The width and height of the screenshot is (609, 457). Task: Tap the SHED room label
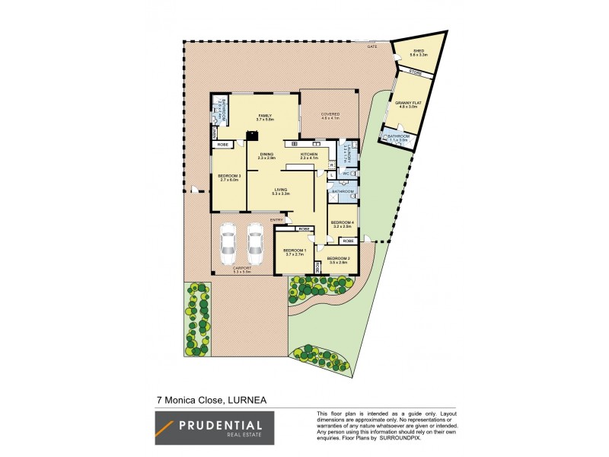pyautogui.click(x=418, y=51)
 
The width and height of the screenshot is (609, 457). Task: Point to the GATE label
pyautogui.click(x=372, y=46)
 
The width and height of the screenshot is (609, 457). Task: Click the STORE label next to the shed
pyautogui.click(x=415, y=72)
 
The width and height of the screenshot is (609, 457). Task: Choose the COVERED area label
pyautogui.click(x=330, y=114)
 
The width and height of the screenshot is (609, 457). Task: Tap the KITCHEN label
pyautogui.click(x=308, y=155)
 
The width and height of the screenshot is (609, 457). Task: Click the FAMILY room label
pyautogui.click(x=264, y=115)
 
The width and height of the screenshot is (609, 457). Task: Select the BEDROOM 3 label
pyautogui.click(x=230, y=176)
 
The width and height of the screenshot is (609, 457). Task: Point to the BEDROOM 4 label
pyautogui.click(x=340, y=222)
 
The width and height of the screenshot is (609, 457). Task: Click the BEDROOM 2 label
pyautogui.click(x=338, y=259)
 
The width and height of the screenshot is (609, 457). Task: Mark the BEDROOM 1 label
pyautogui.click(x=294, y=251)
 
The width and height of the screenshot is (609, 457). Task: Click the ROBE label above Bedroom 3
pyautogui.click(x=224, y=144)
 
